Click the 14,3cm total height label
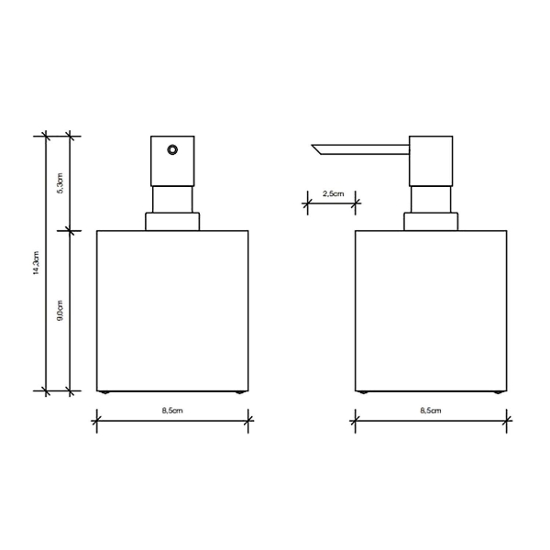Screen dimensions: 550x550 [38, 264]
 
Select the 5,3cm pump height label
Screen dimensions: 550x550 [60, 183]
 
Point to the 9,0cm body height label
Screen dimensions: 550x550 [60, 310]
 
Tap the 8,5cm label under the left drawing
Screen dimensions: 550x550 [171, 412]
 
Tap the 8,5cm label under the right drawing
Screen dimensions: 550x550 [430, 412]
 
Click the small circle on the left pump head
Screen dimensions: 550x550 [171, 149]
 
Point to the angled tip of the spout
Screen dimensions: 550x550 [316, 150]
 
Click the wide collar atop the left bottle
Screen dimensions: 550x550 [171, 221]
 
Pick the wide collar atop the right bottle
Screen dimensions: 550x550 [430, 221]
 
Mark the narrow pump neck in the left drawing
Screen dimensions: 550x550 [171, 200]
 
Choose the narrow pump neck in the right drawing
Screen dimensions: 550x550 [430, 200]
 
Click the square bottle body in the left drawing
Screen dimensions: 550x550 [171, 309]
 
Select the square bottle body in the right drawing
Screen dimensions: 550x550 [430, 309]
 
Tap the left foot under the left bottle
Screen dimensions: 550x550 [107, 391]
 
